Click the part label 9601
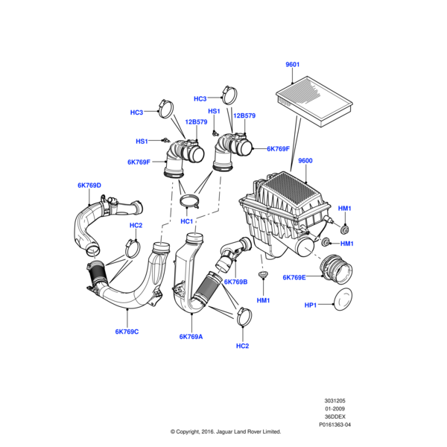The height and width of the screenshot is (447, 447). pos(293,65)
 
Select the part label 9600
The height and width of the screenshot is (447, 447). pos(305,161)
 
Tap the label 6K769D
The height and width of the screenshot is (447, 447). pos(89,185)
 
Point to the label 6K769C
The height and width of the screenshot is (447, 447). pos(127,332)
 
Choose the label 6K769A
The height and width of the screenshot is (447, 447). pos(191,337)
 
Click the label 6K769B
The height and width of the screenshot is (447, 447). pos(235,282)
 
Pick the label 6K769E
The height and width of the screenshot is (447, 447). pos(294,277)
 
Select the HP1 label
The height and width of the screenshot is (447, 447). pos(311,305)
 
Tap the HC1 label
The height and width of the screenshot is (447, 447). pos(186,221)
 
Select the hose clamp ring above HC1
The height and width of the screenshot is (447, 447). pos(191,201)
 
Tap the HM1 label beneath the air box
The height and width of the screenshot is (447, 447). pos(263,300)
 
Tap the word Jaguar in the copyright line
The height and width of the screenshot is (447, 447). pos(222,431)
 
